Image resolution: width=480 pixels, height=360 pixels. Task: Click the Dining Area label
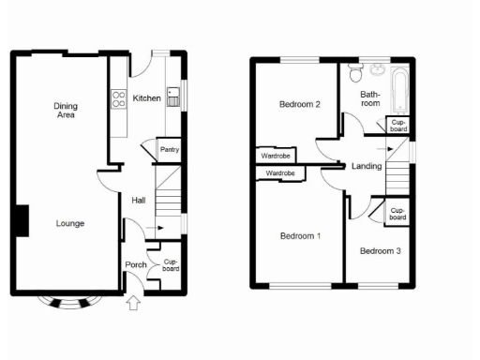pyautogui.click(x=65, y=112)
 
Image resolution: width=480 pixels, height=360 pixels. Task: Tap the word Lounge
pyautogui.click(x=70, y=223)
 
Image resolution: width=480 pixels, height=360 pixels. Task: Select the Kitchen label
pyautogui.click(x=147, y=98)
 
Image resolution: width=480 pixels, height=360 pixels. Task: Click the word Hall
pyautogui.click(x=138, y=200)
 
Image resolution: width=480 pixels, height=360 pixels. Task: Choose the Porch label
pyautogui.click(x=136, y=265)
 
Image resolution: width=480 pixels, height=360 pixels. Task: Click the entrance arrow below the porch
pyautogui.click(x=133, y=302)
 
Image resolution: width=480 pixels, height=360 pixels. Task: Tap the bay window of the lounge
pyautogui.click(x=71, y=301)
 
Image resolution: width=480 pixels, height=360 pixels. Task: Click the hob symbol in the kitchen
pyautogui.click(x=119, y=97)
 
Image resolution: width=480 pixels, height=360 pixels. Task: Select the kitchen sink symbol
pyautogui.click(x=174, y=97)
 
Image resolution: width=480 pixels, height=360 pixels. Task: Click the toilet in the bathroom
pyautogui.click(x=355, y=72)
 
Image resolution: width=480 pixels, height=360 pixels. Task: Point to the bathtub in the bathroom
pyautogui.click(x=399, y=90)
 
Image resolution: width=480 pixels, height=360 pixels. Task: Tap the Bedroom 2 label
pyautogui.click(x=300, y=105)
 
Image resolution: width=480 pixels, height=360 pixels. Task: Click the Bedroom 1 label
pyautogui.click(x=300, y=235)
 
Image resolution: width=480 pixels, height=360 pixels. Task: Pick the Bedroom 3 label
pyautogui.click(x=381, y=250)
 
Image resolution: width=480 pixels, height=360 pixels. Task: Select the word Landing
pyautogui.click(x=366, y=166)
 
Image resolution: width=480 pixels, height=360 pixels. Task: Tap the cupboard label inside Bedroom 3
pyautogui.click(x=397, y=214)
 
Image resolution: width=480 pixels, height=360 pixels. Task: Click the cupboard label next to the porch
pyautogui.click(x=170, y=265)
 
